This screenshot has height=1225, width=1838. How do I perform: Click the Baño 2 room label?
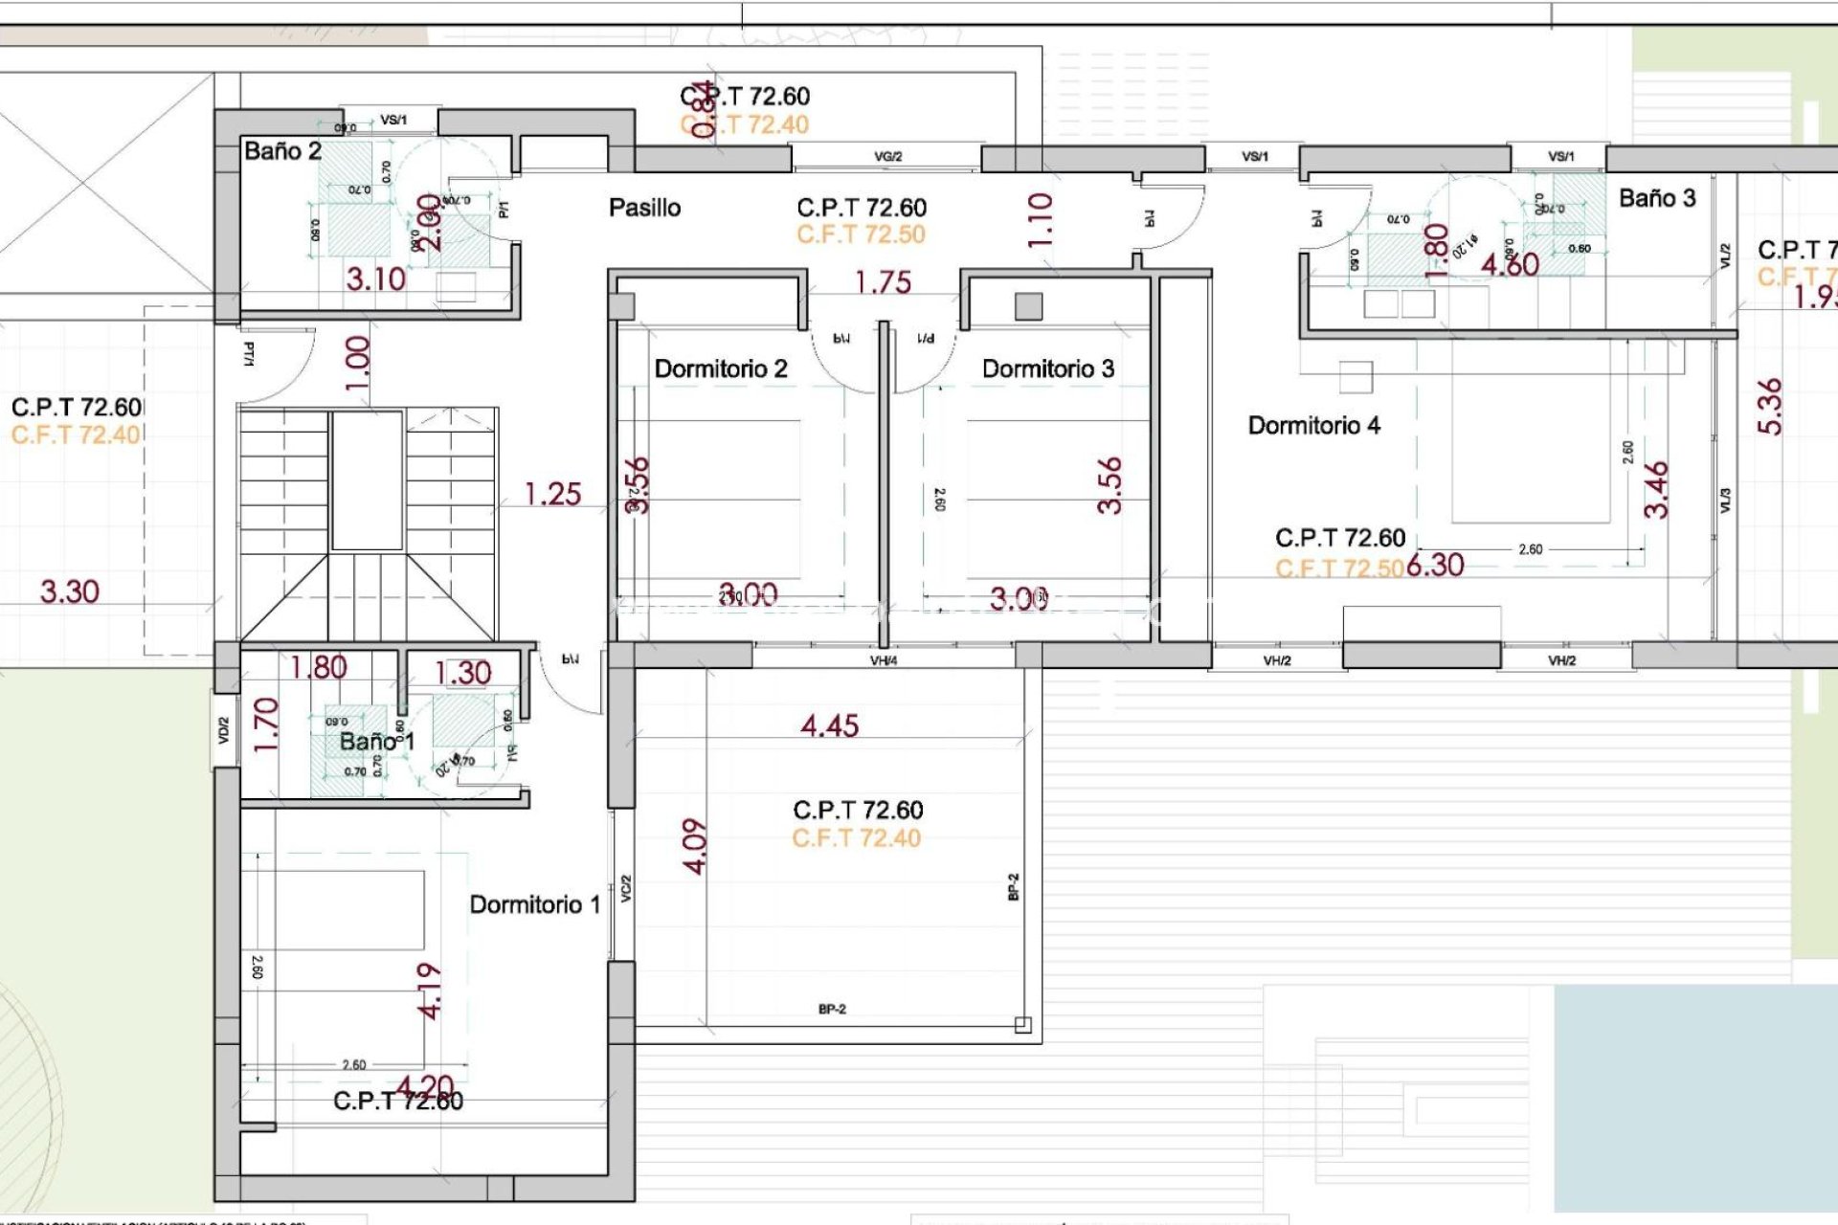coord(282,151)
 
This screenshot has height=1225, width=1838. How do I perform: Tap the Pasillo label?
coord(644,208)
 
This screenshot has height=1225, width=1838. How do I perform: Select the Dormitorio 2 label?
coord(720,368)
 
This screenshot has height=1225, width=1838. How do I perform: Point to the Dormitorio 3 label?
coord(1047,368)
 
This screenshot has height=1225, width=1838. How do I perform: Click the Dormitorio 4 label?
coord(1313,425)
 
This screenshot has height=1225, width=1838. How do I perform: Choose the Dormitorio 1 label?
coord(534,904)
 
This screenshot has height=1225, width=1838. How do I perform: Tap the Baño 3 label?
coord(1656,198)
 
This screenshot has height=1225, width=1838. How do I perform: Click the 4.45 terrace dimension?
coord(829,725)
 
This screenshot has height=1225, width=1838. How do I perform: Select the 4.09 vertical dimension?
coord(695,846)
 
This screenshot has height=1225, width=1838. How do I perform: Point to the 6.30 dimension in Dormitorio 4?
coord(1435,565)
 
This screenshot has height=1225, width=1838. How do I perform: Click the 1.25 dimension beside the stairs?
coord(552,494)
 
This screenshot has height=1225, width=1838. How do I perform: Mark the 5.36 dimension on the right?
coord(1771,407)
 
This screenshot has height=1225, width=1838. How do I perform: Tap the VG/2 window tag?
coord(887,156)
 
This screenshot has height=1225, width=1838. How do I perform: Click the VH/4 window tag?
coord(883,660)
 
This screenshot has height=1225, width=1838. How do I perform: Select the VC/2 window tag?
coord(626,888)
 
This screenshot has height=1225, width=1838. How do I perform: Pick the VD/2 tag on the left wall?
coord(224,731)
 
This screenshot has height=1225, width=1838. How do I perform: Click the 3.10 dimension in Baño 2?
coord(375,279)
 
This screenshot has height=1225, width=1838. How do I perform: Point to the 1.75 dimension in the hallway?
coord(883,282)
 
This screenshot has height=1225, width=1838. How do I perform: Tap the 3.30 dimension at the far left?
coord(69,591)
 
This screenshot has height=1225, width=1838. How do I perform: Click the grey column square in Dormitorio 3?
coord(1028,306)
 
